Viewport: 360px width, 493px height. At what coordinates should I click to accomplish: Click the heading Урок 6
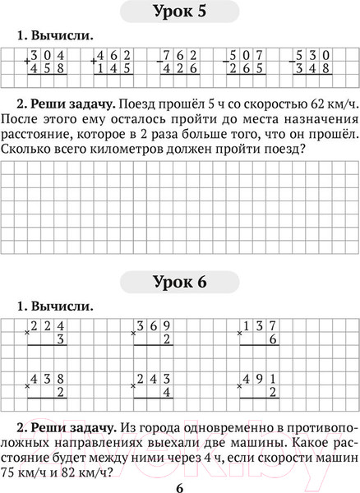[x=179, y=283]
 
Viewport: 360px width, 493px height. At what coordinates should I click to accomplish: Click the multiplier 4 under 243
[x=167, y=392]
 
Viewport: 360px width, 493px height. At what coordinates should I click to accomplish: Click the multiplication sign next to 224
[x=27, y=333]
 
